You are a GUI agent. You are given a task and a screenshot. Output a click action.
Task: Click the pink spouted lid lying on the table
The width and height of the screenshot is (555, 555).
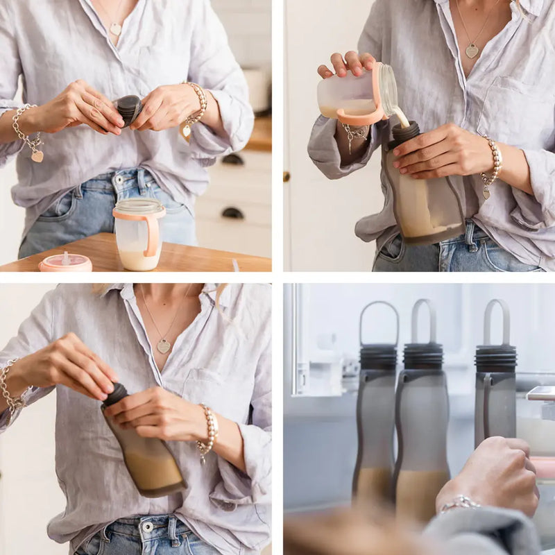pyautogui.click(x=65, y=262)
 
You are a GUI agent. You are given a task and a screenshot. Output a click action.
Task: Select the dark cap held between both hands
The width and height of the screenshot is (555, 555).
pyautogui.click(x=128, y=109)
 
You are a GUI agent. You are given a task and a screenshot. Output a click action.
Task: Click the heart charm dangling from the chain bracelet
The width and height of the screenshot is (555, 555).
pyautogui.click(x=37, y=156)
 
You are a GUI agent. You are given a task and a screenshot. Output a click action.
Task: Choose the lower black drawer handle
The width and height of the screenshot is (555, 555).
pyautogui.click(x=232, y=213)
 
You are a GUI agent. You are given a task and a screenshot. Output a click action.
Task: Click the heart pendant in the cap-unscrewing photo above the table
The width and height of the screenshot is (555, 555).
pyautogui.click(x=115, y=29)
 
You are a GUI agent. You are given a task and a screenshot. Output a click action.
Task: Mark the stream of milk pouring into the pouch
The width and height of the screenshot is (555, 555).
pyautogui.click(x=400, y=116)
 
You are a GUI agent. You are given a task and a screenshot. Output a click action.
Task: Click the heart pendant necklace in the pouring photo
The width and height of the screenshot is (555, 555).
pyautogui.click(x=472, y=51)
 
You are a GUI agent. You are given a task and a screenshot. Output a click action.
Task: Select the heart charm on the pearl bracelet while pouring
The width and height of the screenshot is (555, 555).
pyautogui.click(x=486, y=192)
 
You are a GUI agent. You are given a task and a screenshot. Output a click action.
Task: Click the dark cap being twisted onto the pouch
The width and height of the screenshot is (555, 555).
pyautogui.click(x=115, y=394)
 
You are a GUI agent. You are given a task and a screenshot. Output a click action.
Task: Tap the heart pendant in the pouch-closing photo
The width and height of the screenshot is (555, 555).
pyautogui.click(x=163, y=345)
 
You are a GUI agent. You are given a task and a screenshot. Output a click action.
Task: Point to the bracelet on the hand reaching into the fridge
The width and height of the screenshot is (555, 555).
pyautogui.click(x=459, y=502)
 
